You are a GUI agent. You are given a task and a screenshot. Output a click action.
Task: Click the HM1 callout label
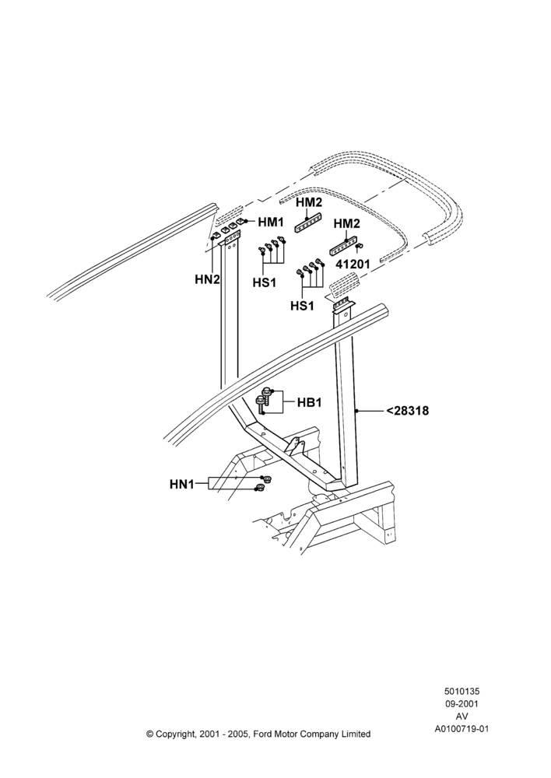(x=271, y=222)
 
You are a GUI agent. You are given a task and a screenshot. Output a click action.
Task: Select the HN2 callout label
(x=207, y=279)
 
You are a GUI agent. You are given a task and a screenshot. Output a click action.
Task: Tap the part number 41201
(x=353, y=264)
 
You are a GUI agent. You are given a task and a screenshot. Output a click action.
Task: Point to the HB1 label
(x=309, y=402)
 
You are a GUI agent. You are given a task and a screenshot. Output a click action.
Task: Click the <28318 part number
(x=408, y=411)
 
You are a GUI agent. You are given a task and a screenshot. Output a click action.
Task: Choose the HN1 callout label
(x=182, y=484)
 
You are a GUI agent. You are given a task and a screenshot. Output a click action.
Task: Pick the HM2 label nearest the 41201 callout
(x=346, y=224)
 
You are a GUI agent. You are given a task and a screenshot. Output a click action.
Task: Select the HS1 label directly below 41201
(x=302, y=306)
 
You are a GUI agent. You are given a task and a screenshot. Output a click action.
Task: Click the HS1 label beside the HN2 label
(x=265, y=282)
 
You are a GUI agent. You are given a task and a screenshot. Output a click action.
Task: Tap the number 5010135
(x=462, y=691)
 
